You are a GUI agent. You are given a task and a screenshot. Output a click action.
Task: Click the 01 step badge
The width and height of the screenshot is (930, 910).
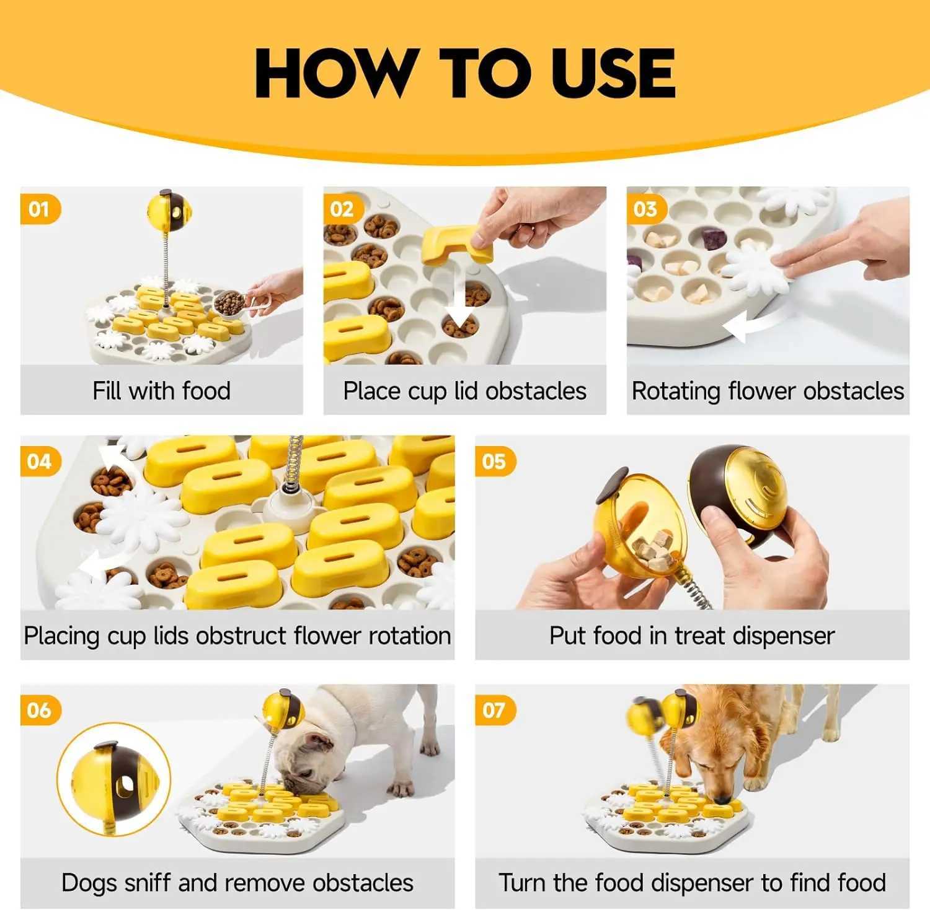[40, 209]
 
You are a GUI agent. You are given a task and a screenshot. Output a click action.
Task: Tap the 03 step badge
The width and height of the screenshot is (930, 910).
[647, 209]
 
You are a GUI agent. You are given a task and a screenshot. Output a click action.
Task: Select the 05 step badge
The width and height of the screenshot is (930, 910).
[495, 462]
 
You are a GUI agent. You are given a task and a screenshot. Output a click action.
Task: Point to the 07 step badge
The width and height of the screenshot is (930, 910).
[495, 710]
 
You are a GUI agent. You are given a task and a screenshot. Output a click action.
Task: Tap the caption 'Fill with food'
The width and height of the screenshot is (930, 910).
[161, 391]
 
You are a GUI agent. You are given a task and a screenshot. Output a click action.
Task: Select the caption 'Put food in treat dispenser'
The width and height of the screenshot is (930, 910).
[692, 636]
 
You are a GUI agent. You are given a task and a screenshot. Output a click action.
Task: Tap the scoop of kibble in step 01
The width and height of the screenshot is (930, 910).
[229, 303]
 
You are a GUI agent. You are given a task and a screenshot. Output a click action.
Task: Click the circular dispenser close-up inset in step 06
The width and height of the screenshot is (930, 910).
[114, 779]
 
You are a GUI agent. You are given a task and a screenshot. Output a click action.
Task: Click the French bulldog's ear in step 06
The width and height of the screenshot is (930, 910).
[319, 741]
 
